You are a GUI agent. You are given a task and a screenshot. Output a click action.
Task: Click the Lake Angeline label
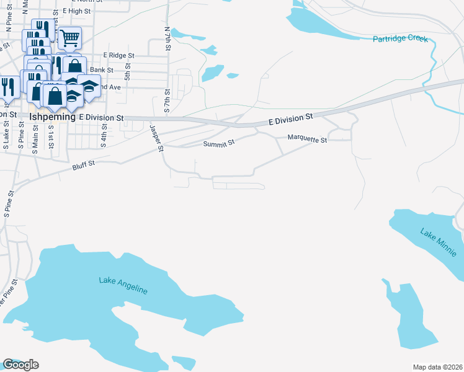coord(123,285)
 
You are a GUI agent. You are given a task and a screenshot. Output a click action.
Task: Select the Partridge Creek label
coord(400,39)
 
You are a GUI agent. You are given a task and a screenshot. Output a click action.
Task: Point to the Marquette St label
coord(307,140)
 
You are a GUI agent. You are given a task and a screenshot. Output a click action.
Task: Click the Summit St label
coord(220,143)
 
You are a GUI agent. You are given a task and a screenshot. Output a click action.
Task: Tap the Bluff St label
coord(83,164)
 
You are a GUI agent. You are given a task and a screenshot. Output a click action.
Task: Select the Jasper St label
coord(156,138)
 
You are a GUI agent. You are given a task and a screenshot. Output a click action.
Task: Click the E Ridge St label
coord(120,55)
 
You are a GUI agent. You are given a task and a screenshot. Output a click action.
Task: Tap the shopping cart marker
coord(69,38)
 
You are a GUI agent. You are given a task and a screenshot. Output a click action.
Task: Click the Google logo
coord(20,365)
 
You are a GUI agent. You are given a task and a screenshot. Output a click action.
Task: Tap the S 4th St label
coord(105,136)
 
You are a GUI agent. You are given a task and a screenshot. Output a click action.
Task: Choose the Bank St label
coord(100,71)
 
